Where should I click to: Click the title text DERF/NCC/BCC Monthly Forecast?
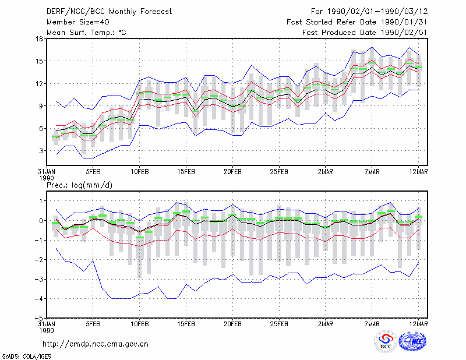click(x=109, y=12)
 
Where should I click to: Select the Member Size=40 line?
click(x=78, y=22)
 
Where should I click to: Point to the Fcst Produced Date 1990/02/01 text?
click(x=365, y=33)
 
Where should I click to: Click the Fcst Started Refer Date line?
click(x=357, y=22)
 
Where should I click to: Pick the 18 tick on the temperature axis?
click(x=40, y=38)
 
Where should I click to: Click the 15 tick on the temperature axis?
click(x=40, y=61)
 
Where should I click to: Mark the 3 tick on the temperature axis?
click(x=41, y=151)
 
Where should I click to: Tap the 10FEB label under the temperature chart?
click(x=139, y=172)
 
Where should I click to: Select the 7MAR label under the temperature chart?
click(x=372, y=172)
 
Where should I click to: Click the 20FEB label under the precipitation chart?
click(x=232, y=324)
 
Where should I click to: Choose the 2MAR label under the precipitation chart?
click(x=326, y=324)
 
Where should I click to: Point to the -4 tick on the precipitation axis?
click(x=39, y=299)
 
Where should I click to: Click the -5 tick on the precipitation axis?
click(x=39, y=319)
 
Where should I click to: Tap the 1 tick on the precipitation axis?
click(x=41, y=201)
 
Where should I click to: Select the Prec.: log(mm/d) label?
click(x=79, y=185)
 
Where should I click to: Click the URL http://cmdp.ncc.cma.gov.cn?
click(x=96, y=344)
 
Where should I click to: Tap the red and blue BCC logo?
click(x=386, y=341)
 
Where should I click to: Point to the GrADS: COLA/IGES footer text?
click(x=26, y=357)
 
